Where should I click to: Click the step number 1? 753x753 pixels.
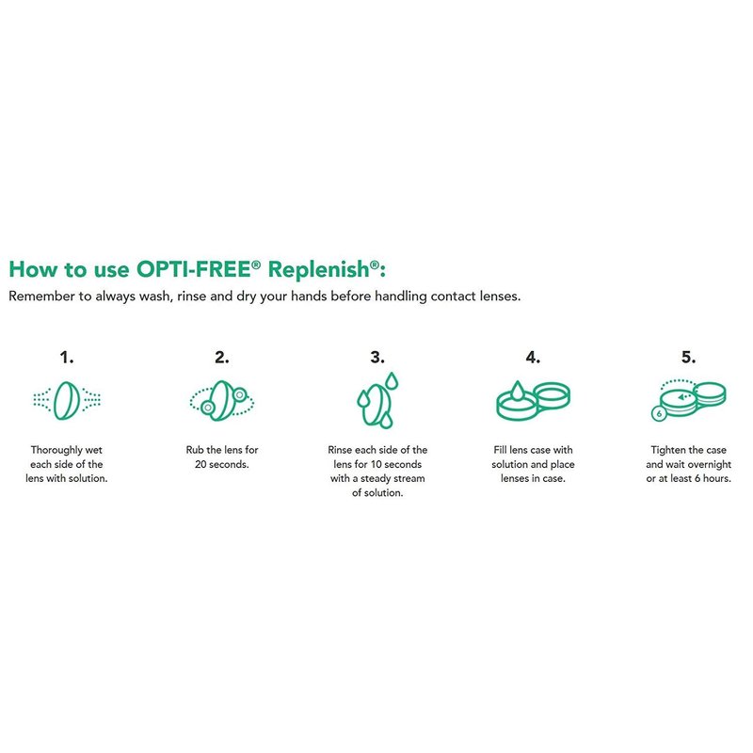pos(66,358)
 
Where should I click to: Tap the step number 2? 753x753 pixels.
pos(222,358)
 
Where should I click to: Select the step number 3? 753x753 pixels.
pos(377,358)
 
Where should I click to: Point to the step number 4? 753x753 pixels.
pos(533,358)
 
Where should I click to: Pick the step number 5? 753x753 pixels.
pos(689,358)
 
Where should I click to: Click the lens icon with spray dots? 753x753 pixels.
pos(67,400)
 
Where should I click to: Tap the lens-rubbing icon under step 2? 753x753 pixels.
pos(222,401)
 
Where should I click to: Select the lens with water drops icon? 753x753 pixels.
pos(378,400)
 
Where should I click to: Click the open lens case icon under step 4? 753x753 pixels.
pos(533,401)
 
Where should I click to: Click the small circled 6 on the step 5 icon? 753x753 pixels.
pos(659,413)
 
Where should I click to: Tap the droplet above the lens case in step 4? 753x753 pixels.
pos(517,391)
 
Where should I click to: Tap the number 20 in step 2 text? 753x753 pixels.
pos(200,464)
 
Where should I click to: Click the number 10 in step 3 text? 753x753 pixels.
pos(376,464)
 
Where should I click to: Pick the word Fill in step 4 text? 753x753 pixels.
pos(500,450)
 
